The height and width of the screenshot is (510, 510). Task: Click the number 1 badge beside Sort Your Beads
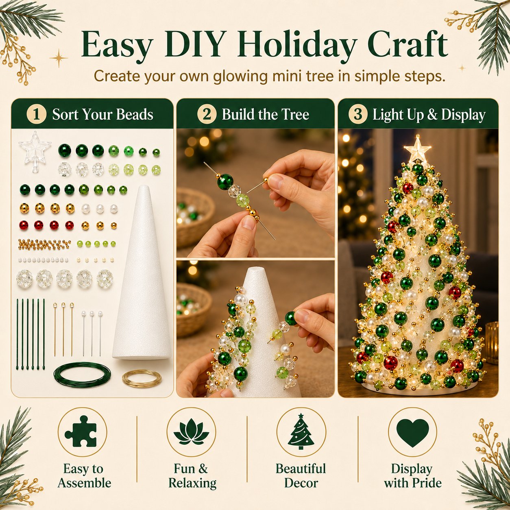click(x=37, y=114)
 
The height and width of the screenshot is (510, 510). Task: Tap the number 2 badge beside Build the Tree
click(x=207, y=114)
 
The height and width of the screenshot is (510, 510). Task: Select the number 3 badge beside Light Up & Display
click(x=358, y=114)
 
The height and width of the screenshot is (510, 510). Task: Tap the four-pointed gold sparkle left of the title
click(x=59, y=58)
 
